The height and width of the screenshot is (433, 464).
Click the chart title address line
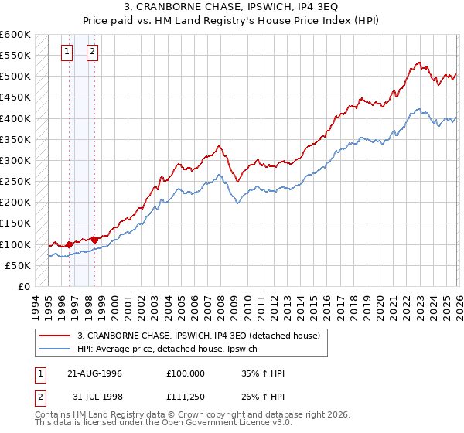(x=232, y=7)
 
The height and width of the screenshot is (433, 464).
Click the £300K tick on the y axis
(x=15, y=161)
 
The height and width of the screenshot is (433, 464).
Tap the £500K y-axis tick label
(x=15, y=77)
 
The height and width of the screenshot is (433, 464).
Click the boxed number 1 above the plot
(x=67, y=52)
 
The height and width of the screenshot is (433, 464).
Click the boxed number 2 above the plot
(x=92, y=52)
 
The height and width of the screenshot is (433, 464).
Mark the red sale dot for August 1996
(x=69, y=244)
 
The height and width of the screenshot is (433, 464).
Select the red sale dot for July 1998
(x=94, y=240)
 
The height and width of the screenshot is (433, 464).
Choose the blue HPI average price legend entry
(x=172, y=349)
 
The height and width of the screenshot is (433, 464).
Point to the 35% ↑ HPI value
(x=264, y=373)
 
